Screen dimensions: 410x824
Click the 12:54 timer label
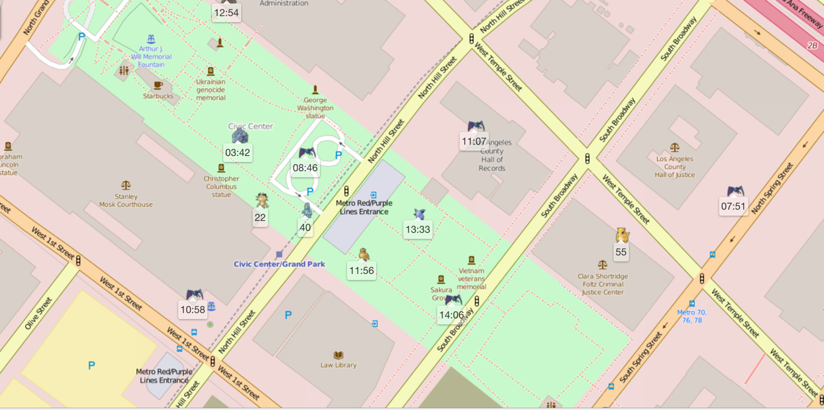point(226,13)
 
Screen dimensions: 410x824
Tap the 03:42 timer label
point(237,153)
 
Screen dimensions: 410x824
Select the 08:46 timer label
point(305,168)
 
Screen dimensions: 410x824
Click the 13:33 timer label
point(417,230)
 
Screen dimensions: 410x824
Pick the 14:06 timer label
point(451,315)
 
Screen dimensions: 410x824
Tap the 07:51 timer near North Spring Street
point(733,206)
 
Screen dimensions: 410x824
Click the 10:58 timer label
point(192,310)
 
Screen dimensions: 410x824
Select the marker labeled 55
point(621,252)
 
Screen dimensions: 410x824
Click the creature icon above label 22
point(262,200)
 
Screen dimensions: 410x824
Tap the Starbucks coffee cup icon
point(158,86)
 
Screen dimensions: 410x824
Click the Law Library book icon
point(338,355)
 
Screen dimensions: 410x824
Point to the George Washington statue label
point(315,107)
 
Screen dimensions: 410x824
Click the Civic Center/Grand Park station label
point(280,264)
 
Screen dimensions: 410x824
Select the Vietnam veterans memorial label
point(472,279)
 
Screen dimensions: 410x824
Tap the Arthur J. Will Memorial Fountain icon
point(151,39)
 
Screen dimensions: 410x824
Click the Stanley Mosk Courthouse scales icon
point(126,186)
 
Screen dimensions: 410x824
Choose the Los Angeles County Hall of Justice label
point(674,167)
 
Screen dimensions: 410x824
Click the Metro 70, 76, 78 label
point(692,316)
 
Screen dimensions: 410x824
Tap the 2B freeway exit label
point(812,45)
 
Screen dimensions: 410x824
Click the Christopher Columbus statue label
point(221,186)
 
